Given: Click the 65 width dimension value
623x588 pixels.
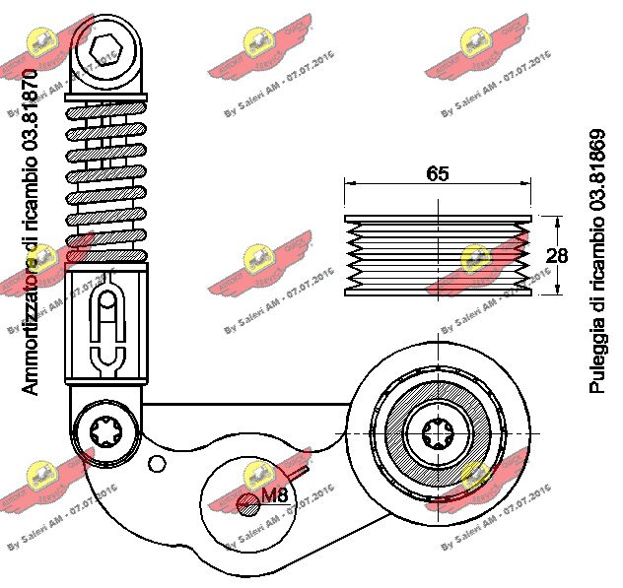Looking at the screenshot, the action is (438, 173).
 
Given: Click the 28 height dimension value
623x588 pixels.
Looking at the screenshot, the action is (557, 255).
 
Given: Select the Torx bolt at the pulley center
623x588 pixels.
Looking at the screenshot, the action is (437, 432).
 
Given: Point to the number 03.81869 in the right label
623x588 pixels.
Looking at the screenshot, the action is (596, 176).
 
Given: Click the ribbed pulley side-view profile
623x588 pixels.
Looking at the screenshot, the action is (438, 255).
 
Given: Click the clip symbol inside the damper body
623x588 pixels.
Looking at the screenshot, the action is (105, 330).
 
